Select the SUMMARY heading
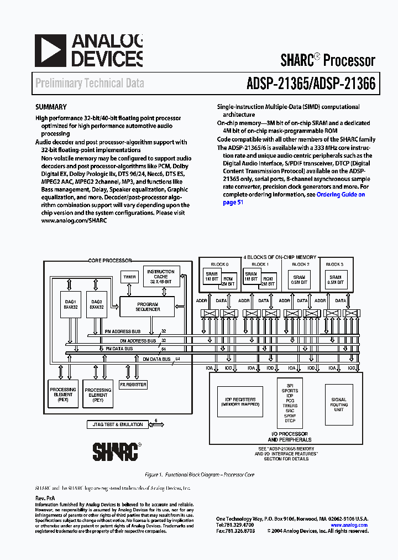coord(51,107)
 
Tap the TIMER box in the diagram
coord(129,277)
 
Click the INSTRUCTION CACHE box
coord(161,277)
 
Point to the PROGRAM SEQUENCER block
coord(148,307)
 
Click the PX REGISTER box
coord(133,384)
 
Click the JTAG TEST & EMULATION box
coord(115,424)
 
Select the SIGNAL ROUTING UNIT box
coord(339,404)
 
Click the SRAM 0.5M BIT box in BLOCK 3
coord(336,280)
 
